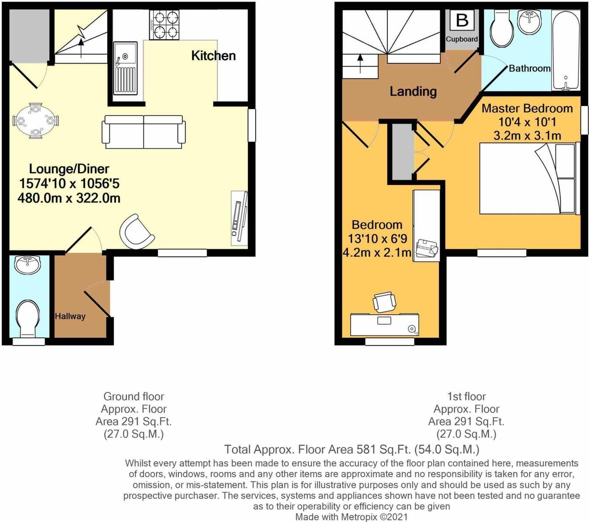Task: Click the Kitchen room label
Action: coord(213,55)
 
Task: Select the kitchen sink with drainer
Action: coord(125,68)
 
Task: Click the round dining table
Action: coord(36,121)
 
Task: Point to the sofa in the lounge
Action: coord(144,131)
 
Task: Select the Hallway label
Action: coord(70,316)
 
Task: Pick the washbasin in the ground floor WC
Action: coord(27,265)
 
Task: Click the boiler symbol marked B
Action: coord(462,21)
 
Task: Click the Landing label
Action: coord(413,91)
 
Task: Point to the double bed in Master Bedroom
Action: coord(527,179)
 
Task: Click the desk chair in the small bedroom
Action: coord(384,302)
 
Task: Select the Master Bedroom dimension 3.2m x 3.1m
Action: coord(527,135)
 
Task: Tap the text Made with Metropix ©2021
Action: coord(352,517)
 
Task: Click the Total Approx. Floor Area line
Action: coord(352,449)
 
